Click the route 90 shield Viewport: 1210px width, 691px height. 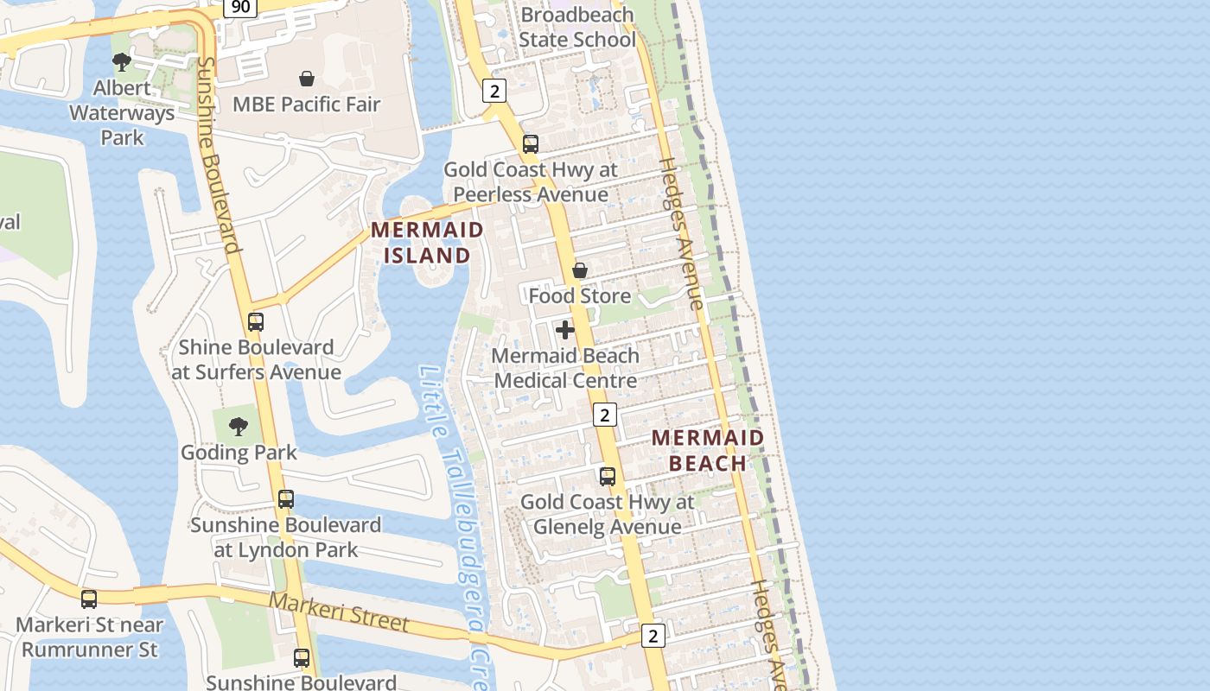pyautogui.click(x=241, y=7)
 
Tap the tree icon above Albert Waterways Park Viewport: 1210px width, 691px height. pyautogui.click(x=122, y=61)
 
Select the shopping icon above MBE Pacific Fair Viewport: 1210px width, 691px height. pyautogui.click(x=306, y=79)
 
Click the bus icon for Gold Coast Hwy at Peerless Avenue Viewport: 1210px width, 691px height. pyautogui.click(x=531, y=144)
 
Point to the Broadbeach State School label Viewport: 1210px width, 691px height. pyautogui.click(x=577, y=28)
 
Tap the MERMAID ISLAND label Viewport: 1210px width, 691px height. pyautogui.click(x=427, y=243)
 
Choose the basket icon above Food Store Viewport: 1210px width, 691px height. pyautogui.click(x=580, y=270)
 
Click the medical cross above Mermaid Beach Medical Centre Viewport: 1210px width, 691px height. pyautogui.click(x=565, y=330)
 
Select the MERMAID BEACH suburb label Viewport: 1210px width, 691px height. pyautogui.click(x=708, y=450)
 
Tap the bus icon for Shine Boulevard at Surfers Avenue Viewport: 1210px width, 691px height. pyautogui.click(x=256, y=322)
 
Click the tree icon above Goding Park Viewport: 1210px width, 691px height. pyautogui.click(x=238, y=426)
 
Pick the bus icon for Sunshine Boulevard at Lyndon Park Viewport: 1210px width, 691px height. pyautogui.click(x=286, y=499)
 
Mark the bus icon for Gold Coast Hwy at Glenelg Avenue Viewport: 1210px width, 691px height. pyautogui.click(x=608, y=476)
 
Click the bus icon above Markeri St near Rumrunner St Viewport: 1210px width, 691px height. pyautogui.click(x=89, y=599)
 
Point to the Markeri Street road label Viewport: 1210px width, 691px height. pyautogui.click(x=338, y=611)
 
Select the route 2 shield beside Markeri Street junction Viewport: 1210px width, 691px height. pyautogui.click(x=653, y=637)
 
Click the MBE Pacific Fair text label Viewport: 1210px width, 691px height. pyautogui.click(x=306, y=105)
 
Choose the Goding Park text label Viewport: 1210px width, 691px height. pyautogui.click(x=239, y=452)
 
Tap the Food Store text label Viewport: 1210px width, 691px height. pyautogui.click(x=580, y=296)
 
